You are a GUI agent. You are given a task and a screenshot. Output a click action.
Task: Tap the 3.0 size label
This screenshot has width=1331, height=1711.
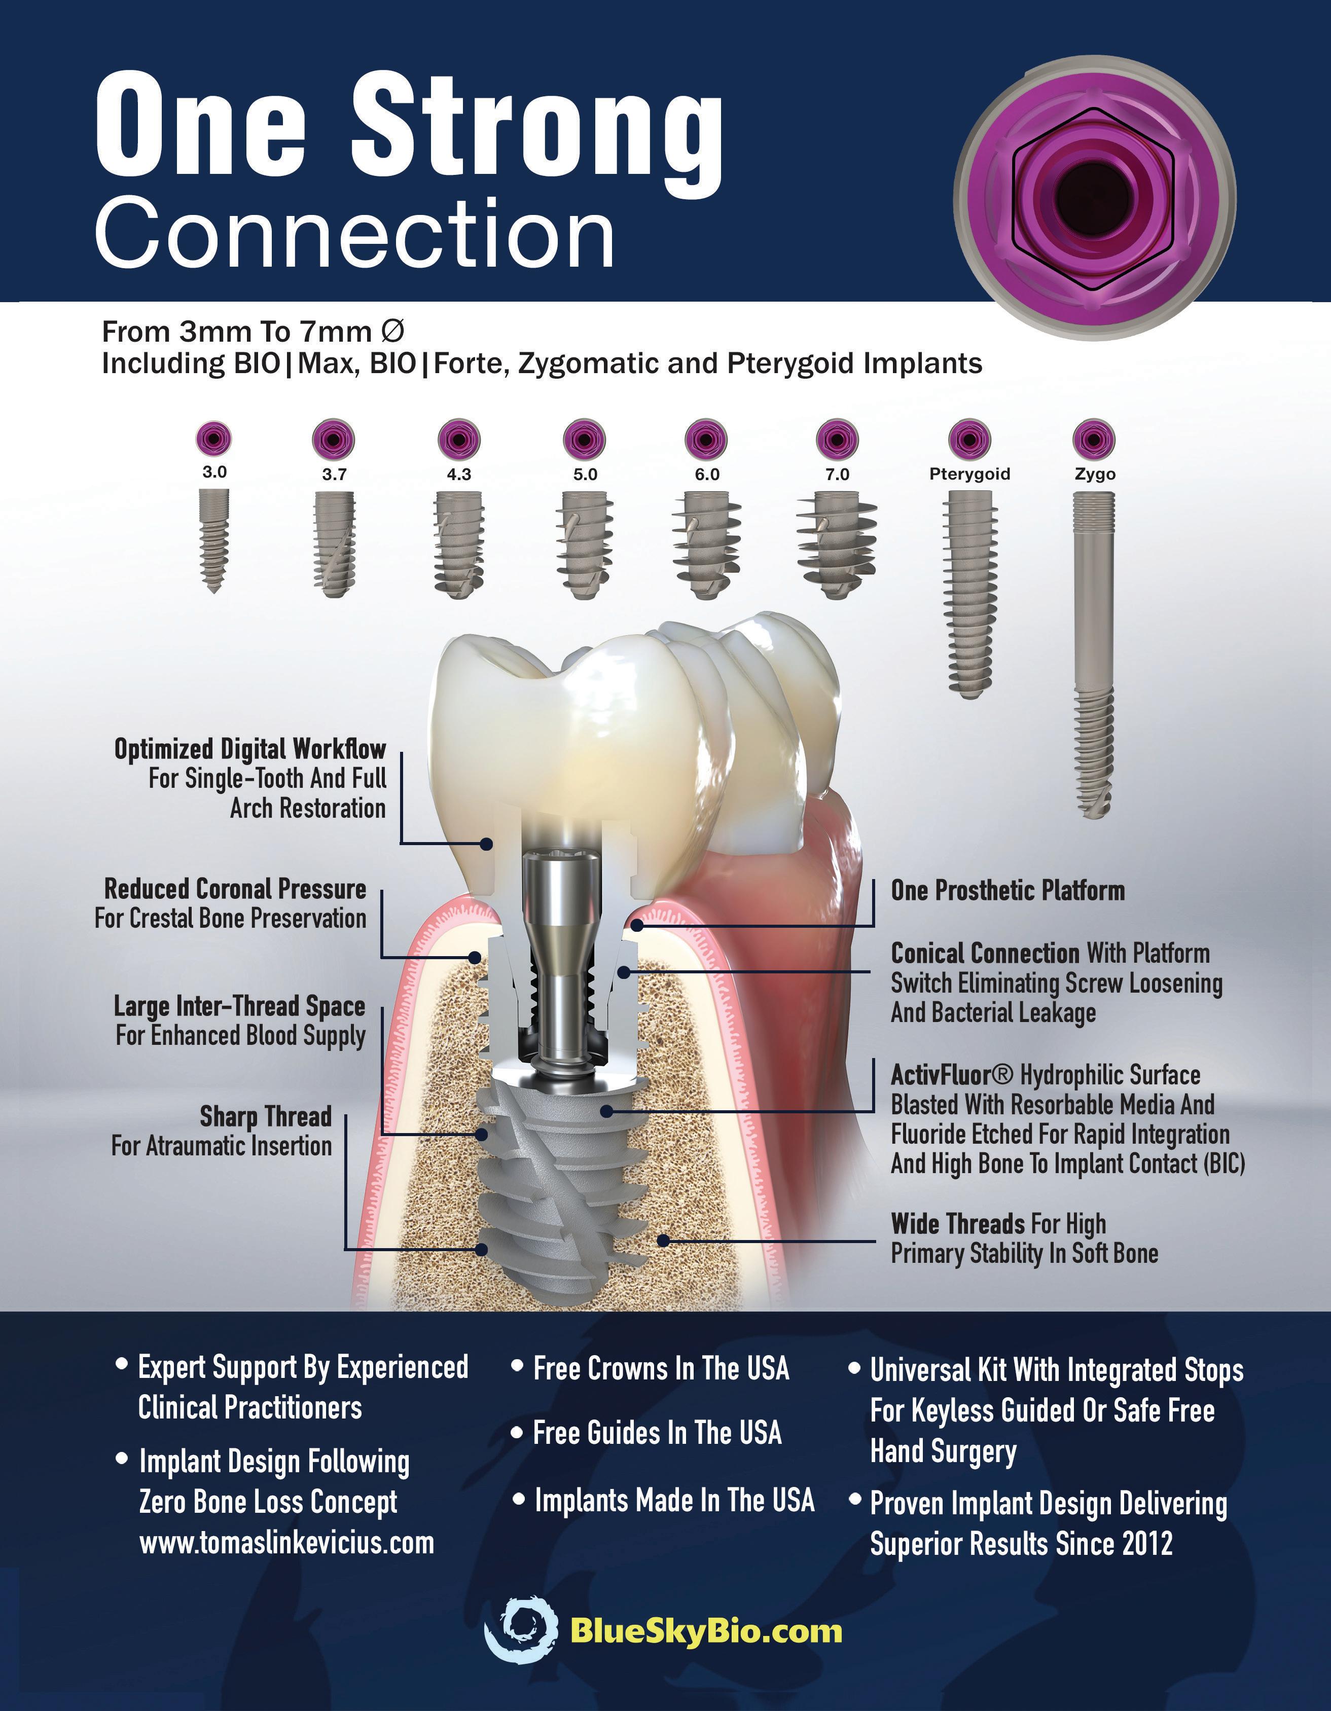214,471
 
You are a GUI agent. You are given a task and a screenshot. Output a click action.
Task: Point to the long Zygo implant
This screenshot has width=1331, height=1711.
1094,654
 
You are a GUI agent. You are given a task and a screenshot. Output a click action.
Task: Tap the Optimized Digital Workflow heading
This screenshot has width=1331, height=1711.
250,749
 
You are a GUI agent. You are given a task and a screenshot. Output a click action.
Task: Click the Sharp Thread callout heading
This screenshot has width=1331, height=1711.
266,1116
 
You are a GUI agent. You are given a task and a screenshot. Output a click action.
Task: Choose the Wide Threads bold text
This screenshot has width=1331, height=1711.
957,1224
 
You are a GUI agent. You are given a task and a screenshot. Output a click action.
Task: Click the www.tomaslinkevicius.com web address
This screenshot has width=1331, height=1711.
286,1543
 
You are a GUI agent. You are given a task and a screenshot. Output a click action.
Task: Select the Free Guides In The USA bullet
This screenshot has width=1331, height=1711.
657,1433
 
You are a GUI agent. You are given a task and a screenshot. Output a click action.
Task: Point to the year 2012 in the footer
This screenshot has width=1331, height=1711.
1147,1544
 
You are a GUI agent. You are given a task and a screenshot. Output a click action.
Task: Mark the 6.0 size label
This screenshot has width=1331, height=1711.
707,474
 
